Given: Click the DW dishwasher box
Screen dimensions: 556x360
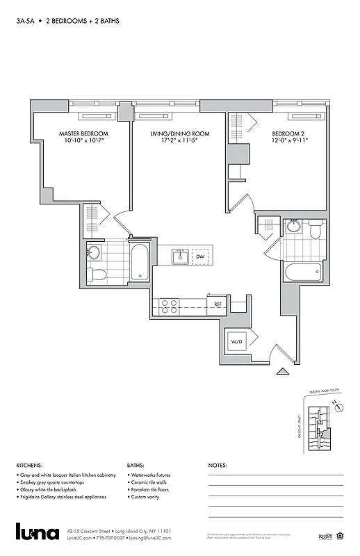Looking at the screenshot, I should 200,257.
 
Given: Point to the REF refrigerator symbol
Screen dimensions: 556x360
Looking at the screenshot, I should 218,304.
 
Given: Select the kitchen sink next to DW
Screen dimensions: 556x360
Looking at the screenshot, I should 180,257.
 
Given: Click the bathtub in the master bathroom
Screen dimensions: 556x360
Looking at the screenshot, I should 139,262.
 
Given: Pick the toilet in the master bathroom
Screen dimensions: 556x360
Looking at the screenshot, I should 98,275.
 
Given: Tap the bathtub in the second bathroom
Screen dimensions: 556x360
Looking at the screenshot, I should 304,272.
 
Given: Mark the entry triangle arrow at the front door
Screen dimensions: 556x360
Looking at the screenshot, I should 283,372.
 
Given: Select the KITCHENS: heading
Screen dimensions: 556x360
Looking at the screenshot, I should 31,466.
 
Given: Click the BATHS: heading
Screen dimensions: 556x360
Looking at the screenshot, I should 136,466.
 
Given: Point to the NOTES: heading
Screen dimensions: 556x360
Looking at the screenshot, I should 218,466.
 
